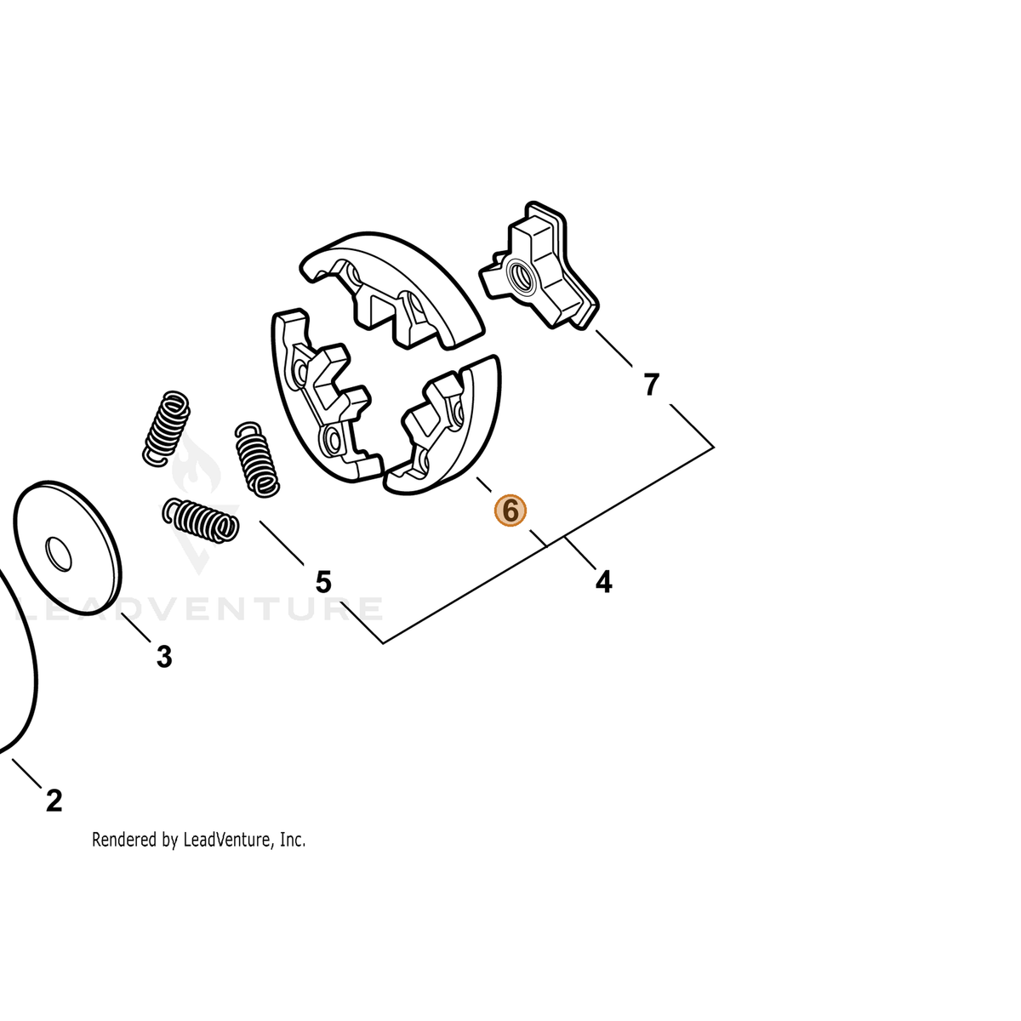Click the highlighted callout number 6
pyautogui.click(x=510, y=511)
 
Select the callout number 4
pyautogui.click(x=603, y=582)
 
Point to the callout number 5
pyautogui.click(x=323, y=582)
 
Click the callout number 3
pyautogui.click(x=164, y=657)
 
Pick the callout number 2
pyautogui.click(x=54, y=801)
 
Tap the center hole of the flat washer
pyautogui.click(x=59, y=554)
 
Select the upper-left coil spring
pyautogui.click(x=167, y=429)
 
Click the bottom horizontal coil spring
pyautogui.click(x=200, y=520)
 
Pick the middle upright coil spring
pyautogui.click(x=256, y=459)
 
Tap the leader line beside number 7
pyautogui.click(x=613, y=349)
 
